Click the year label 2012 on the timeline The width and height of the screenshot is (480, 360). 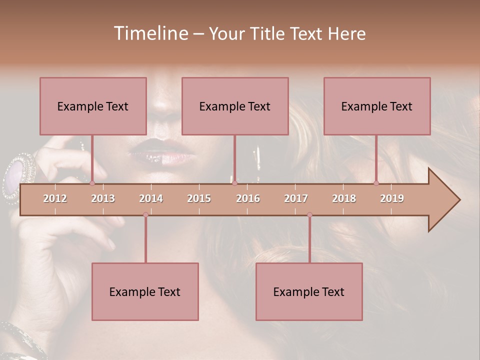coord(55,198)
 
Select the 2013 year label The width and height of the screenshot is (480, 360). coord(103,198)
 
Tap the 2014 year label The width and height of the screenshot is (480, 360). coord(151,198)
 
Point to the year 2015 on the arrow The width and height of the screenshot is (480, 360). coord(199,198)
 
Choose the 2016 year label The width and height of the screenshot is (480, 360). coord(248,198)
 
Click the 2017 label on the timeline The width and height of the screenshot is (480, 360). coord(296,198)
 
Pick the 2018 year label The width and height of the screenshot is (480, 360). coord(344,198)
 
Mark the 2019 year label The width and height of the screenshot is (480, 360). coord(392,198)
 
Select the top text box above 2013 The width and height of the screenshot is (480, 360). coord(93,106)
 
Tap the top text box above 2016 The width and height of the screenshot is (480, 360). coord(235,106)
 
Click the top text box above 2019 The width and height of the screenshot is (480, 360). coord(377,106)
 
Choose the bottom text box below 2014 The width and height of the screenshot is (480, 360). coord(145,291)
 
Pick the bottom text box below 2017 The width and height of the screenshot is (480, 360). coord(309,291)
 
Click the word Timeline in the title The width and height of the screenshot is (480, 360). coord(150,33)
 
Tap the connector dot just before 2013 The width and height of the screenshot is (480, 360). coord(92,183)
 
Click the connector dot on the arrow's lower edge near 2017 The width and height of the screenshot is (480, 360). coord(309,215)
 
